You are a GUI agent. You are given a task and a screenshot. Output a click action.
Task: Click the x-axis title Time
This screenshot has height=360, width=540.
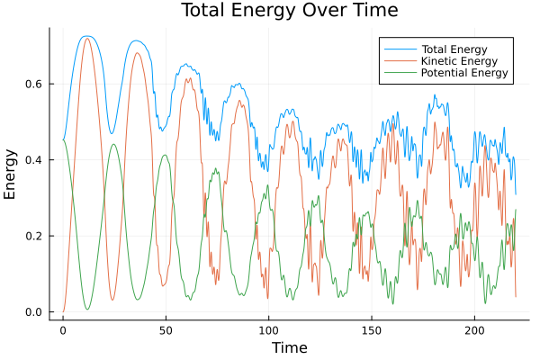pyautogui.click(x=290, y=347)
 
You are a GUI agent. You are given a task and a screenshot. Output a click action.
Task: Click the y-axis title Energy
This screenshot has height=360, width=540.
pyautogui.click(x=11, y=174)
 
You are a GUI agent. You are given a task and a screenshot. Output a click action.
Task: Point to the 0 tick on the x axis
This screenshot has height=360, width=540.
pyautogui.click(x=63, y=329)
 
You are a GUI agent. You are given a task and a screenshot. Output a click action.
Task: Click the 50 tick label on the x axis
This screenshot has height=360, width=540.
pyautogui.click(x=166, y=329)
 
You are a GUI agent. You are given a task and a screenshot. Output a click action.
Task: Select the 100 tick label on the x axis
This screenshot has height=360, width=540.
pyautogui.click(x=268, y=329)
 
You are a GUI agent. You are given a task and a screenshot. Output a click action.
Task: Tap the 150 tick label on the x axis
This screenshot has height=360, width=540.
pyautogui.click(x=371, y=329)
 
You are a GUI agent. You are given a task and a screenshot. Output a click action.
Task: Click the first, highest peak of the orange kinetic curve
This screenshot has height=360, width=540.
pyautogui.click(x=86, y=38)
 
